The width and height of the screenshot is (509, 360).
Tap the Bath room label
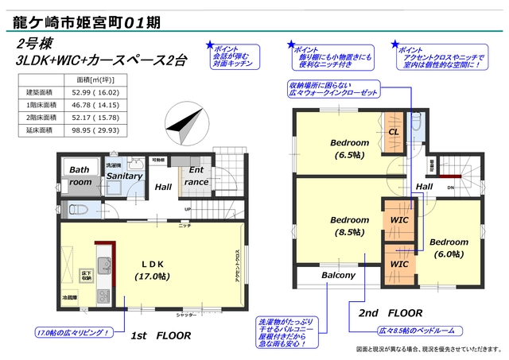coord(79,176)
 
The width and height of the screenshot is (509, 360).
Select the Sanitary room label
coord(124,175)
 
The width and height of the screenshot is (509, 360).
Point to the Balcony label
coord(338,276)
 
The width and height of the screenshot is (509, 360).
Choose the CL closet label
coord(394,133)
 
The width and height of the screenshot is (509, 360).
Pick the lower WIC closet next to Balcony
coord(399,263)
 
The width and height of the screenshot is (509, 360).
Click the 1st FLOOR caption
coord(161,335)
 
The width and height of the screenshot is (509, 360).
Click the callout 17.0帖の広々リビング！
coord(72,331)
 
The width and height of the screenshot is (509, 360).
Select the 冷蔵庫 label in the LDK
coord(71,297)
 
